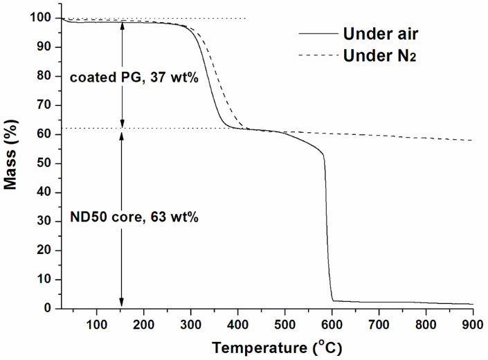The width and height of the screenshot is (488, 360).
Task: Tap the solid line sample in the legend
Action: pyautogui.click(x=316, y=33)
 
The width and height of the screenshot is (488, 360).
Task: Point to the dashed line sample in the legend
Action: pyautogui.click(x=316, y=55)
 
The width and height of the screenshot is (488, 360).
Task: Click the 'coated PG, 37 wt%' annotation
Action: pyautogui.click(x=134, y=78)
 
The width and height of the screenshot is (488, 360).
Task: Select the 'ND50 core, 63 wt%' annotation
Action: pyautogui.click(x=134, y=217)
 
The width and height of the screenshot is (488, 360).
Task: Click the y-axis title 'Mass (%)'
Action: pyautogui.click(x=12, y=163)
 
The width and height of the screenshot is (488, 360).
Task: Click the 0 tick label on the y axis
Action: pyautogui.click(x=51, y=309)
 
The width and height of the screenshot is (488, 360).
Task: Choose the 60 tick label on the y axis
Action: pyautogui.click(x=48, y=134)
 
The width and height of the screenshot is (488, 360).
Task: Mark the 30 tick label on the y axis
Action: pyautogui.click(x=48, y=222)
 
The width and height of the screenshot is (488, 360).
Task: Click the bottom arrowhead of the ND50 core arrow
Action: pyautogui.click(x=122, y=303)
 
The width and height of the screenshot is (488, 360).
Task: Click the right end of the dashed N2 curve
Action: pyautogui.click(x=473, y=141)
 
